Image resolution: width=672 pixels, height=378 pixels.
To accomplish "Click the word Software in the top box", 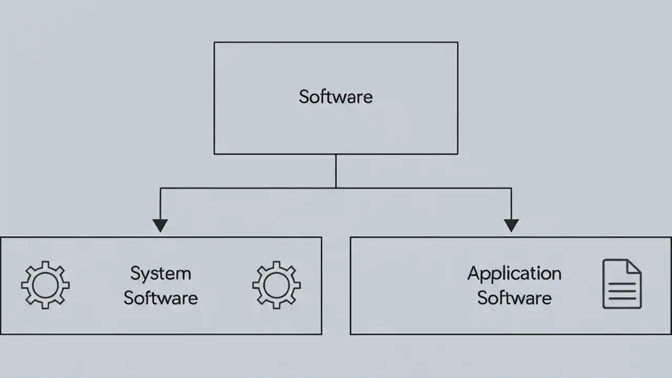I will click(x=336, y=97).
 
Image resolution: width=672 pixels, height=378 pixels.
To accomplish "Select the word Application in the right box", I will click(x=514, y=274).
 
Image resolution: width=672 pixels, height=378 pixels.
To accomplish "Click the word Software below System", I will click(x=161, y=298).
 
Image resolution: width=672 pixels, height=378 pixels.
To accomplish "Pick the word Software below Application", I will click(x=514, y=298).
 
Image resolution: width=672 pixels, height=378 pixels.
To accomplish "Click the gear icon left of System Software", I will click(x=45, y=285).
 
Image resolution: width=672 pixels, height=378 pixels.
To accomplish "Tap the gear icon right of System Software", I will click(x=276, y=285).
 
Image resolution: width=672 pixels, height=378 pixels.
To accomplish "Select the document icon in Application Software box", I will click(x=622, y=283).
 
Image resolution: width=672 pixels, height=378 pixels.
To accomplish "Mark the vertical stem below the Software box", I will click(x=336, y=171).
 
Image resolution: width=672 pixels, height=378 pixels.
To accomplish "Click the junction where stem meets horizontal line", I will click(x=336, y=187).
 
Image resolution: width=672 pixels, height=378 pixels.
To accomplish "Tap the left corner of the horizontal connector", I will click(x=160, y=188).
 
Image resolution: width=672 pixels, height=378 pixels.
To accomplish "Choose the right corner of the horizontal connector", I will click(x=511, y=188).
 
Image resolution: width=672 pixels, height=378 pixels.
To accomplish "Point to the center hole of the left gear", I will click(x=45, y=285).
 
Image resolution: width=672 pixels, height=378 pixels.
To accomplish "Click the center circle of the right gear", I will click(x=276, y=285).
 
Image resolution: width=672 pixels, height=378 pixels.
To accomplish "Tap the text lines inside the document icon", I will click(x=622, y=291).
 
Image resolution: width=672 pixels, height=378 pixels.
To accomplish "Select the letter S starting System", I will click(x=135, y=274).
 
